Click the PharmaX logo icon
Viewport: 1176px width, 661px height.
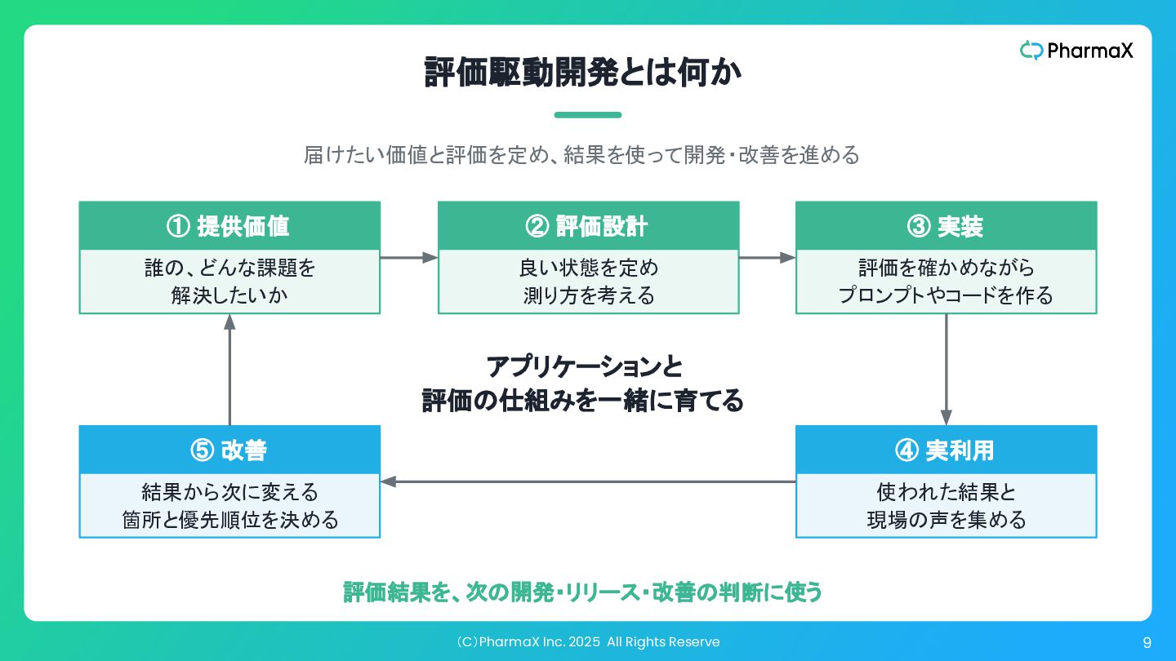tap(1031, 51)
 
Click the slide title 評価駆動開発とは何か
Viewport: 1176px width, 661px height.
tap(583, 72)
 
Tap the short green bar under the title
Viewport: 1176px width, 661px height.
tap(588, 115)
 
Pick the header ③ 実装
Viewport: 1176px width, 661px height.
tap(946, 226)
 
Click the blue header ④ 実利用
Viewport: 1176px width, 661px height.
tap(946, 450)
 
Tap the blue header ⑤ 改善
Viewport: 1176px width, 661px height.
tap(229, 450)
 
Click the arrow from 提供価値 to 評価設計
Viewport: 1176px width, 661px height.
tap(409, 258)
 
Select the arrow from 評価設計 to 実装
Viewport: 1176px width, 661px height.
tap(768, 258)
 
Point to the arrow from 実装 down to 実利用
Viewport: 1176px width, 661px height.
tap(946, 370)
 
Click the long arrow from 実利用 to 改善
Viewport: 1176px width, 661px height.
tap(588, 481)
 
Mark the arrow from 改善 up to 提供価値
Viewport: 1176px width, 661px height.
tap(229, 370)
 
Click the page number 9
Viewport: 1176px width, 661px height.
tap(1147, 643)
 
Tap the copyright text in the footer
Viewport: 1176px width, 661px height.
tap(588, 642)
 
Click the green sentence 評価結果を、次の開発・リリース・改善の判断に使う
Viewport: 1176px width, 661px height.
tap(582, 592)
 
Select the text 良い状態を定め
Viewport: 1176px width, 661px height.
tap(589, 268)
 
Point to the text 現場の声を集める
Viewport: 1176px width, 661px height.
tap(946, 520)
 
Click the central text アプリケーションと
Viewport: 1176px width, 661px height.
tap(584, 366)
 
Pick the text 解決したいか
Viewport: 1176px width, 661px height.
tap(229, 295)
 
